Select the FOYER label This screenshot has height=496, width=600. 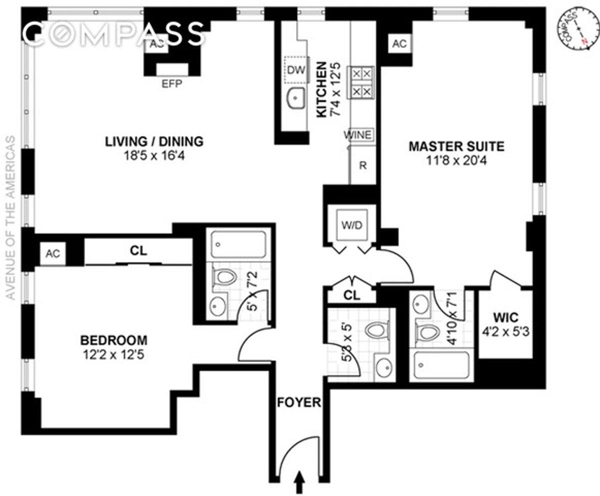pyautogui.click(x=299, y=402)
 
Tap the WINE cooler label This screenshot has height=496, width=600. pyautogui.click(x=357, y=135)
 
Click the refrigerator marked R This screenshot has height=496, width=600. pyautogui.click(x=363, y=165)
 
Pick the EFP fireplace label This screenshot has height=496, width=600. pyautogui.click(x=171, y=84)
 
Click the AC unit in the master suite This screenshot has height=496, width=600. pyautogui.click(x=399, y=44)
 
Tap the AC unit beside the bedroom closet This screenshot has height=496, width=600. pyautogui.click(x=52, y=254)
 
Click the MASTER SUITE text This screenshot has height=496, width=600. pyautogui.click(x=456, y=147)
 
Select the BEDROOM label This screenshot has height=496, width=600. pyautogui.click(x=114, y=340)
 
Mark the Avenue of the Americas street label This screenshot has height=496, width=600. pyautogui.click(x=11, y=218)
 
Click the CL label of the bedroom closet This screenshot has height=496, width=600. pyautogui.click(x=138, y=251)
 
